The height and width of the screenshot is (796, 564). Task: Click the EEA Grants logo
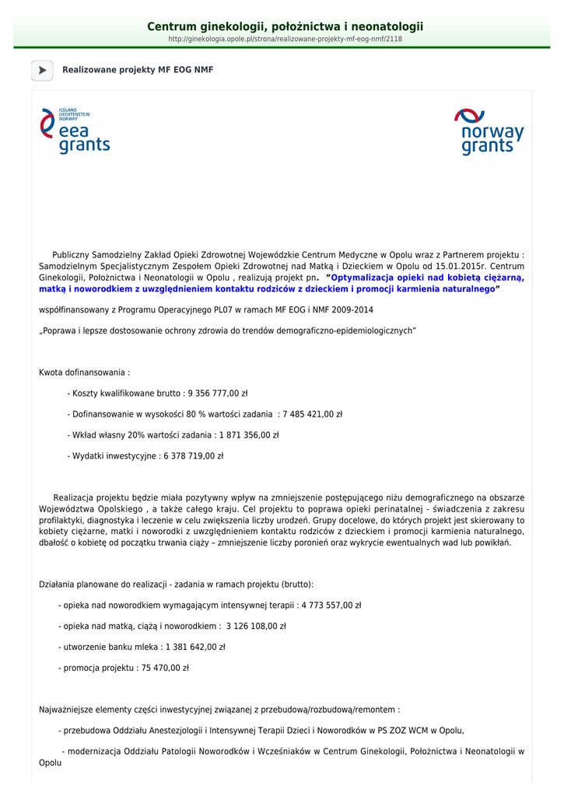tap(75, 131)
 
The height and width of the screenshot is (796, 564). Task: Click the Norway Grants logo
tap(489, 131)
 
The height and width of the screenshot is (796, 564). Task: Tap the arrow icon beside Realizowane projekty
tap(42, 70)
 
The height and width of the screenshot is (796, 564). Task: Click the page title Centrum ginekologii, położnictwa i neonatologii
tap(286, 27)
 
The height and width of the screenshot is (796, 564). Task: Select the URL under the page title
tap(286, 39)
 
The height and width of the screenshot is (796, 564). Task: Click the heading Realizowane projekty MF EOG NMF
tap(138, 70)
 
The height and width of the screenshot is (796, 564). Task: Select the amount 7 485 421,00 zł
tap(313, 414)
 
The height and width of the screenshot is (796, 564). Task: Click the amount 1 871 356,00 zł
tap(249, 435)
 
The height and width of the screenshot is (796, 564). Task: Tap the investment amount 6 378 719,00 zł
tap(193, 456)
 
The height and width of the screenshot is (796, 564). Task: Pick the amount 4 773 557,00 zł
tap(331, 605)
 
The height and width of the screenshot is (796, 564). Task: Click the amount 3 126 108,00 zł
tap(256, 626)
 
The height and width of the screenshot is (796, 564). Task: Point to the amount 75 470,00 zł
tap(163, 668)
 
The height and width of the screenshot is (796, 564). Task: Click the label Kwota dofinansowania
tap(84, 372)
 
